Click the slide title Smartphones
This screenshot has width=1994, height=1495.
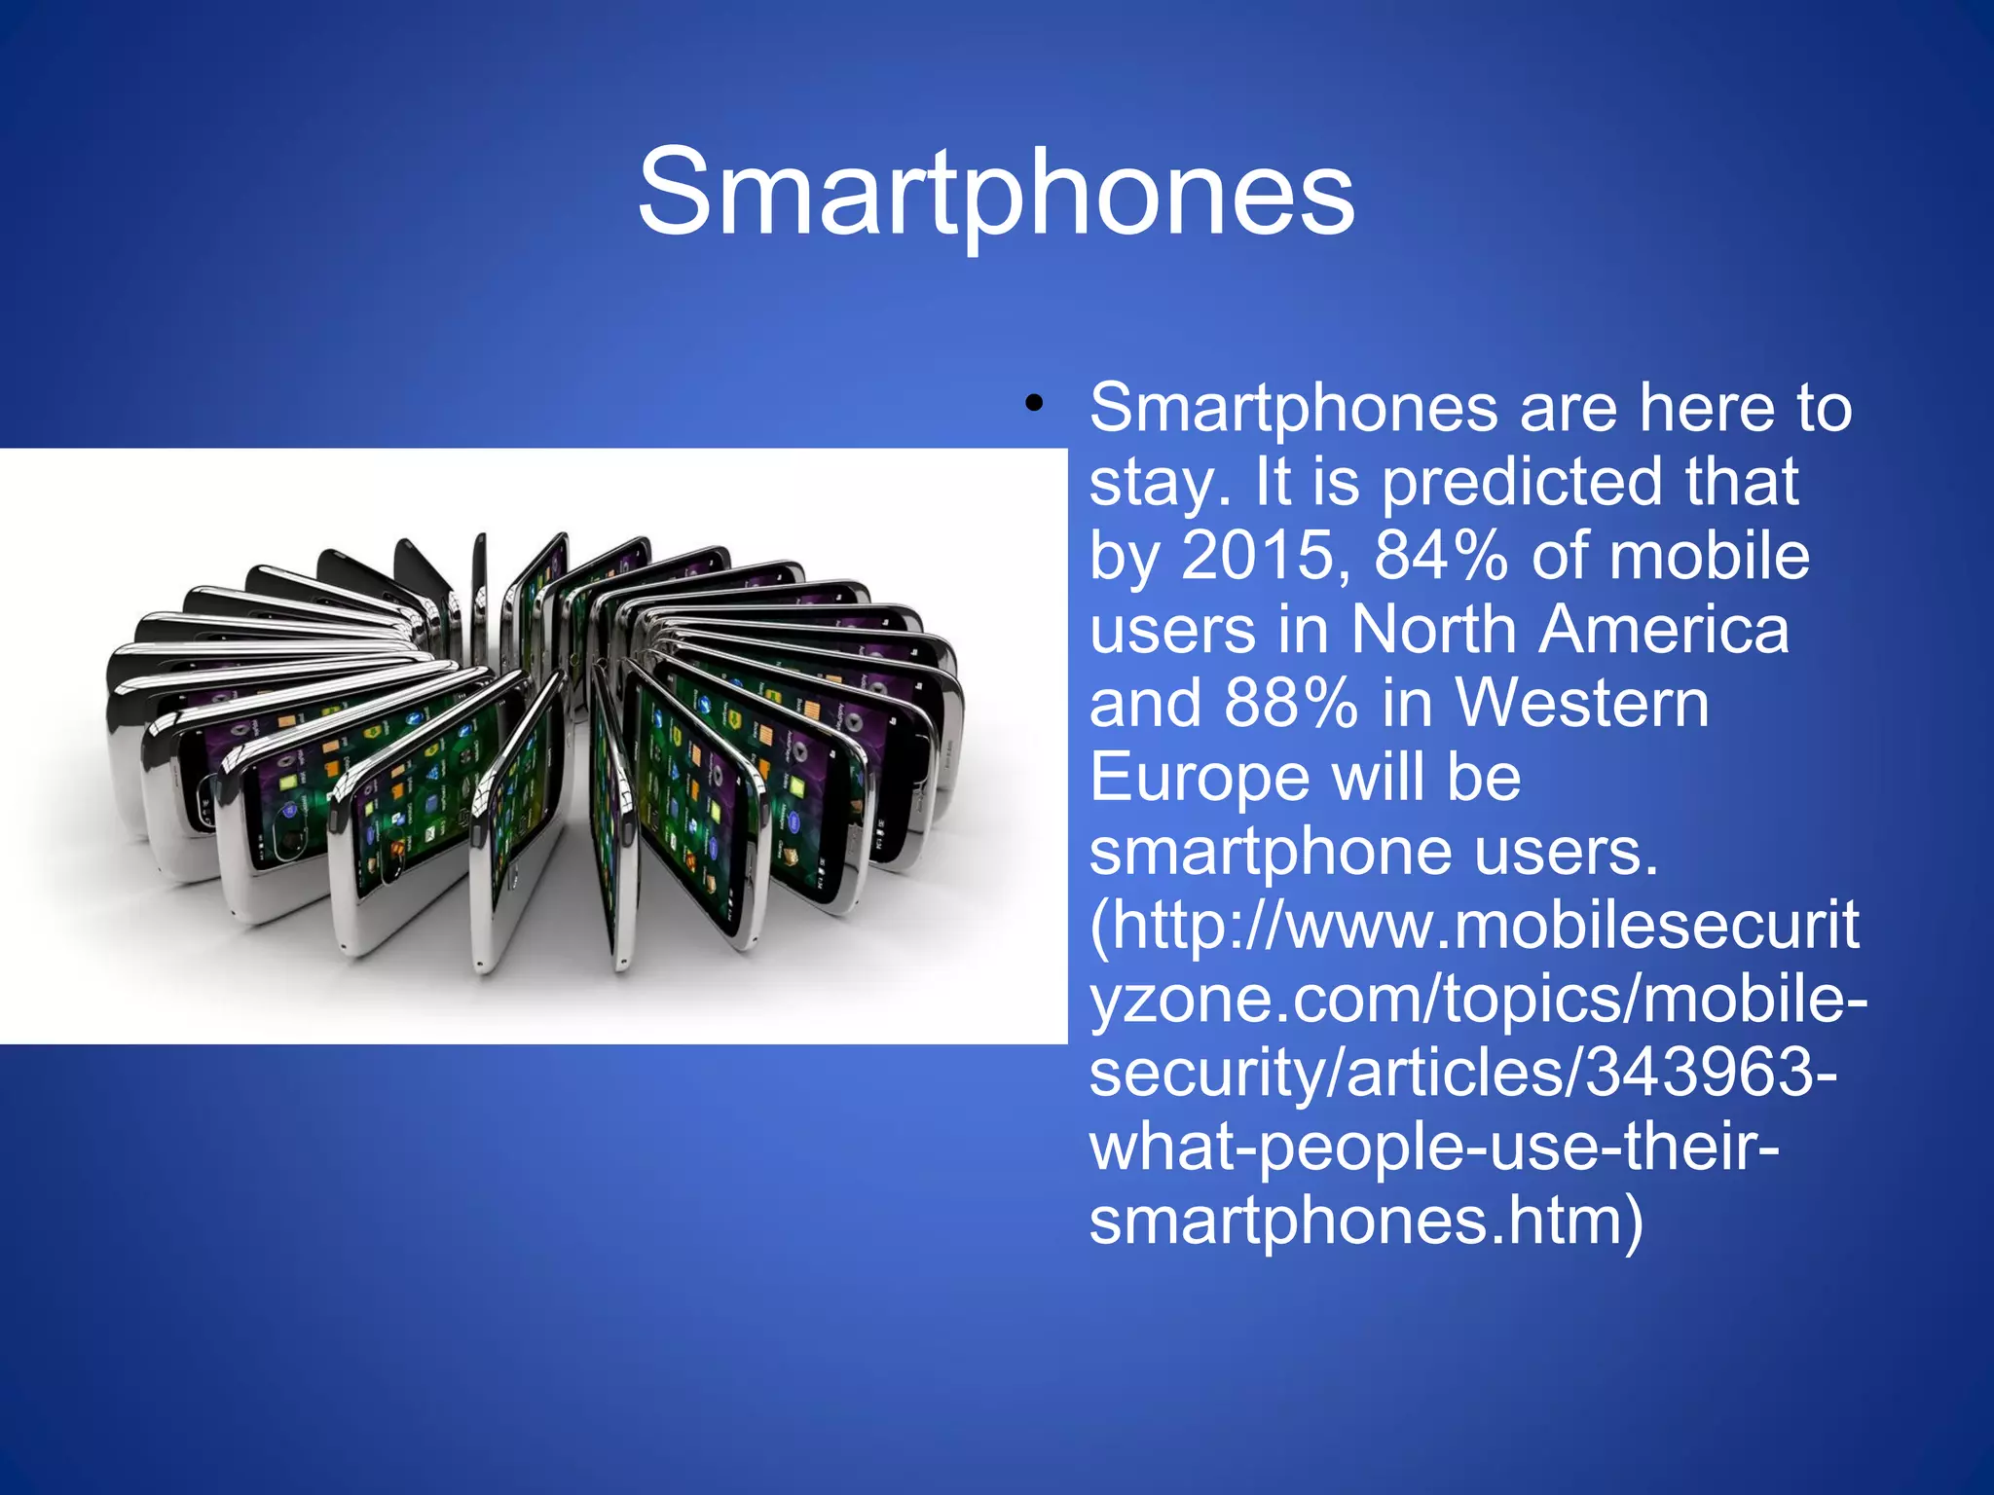click(x=996, y=192)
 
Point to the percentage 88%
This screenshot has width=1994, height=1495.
click(x=1291, y=704)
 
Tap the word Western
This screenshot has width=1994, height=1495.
click(x=1582, y=704)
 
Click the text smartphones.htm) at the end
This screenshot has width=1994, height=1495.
click(x=1366, y=1221)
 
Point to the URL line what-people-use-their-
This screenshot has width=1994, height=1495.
click(x=1433, y=1148)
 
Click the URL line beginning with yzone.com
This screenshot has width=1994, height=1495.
click(x=1478, y=1000)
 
